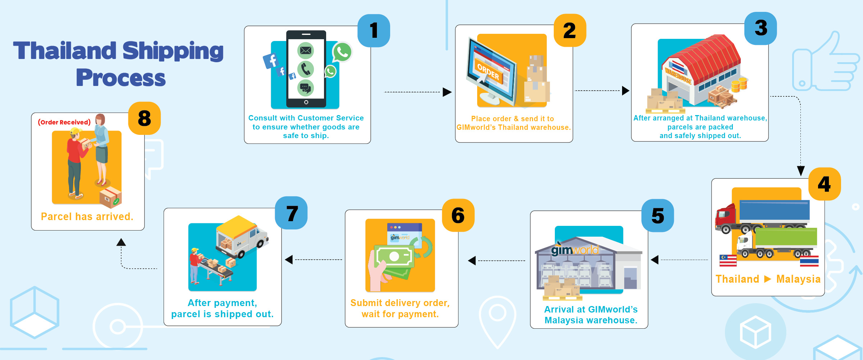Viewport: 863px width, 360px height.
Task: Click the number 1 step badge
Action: [x=374, y=31]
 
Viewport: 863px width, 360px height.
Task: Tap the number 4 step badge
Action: [x=825, y=184]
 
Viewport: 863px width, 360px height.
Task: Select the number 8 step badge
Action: [x=144, y=118]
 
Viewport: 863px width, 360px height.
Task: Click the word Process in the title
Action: [x=121, y=78]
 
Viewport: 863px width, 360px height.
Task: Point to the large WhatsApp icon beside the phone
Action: [x=342, y=52]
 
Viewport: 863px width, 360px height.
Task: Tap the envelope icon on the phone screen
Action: [x=306, y=50]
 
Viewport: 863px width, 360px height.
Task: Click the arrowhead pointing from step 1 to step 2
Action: [x=447, y=92]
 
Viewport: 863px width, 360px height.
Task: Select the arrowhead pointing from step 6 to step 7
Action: [x=289, y=260]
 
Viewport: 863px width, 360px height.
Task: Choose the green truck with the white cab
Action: [x=777, y=243]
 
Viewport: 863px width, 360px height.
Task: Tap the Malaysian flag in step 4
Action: [x=728, y=260]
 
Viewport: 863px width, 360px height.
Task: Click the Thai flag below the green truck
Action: [x=809, y=261]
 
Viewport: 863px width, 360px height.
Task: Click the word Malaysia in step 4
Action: [x=798, y=279]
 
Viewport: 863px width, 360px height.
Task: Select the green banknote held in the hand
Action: [x=394, y=256]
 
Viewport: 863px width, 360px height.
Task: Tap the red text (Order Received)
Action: [x=64, y=122]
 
